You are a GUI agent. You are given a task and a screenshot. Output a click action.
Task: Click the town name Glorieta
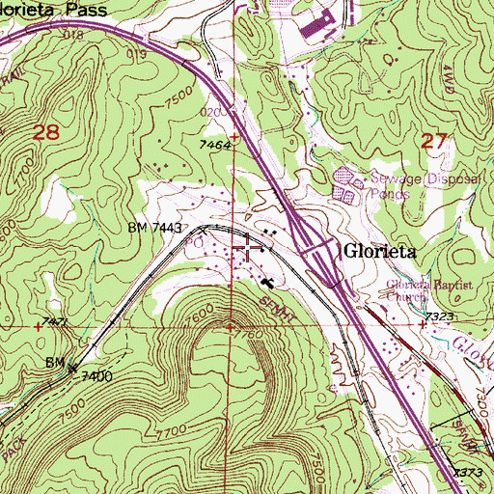(381, 249)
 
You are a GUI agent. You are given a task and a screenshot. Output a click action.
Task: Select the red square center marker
(247, 247)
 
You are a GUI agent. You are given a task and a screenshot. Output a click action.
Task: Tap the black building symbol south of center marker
(266, 282)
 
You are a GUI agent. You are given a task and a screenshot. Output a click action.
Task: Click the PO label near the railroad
(194, 244)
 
